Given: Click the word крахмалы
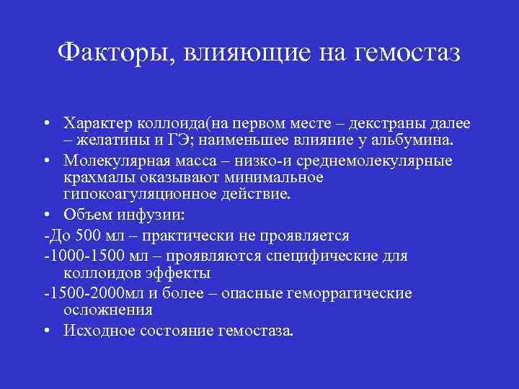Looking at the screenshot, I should click(95, 177).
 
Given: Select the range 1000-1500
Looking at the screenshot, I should click(76, 256).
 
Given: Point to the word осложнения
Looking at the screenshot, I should click(108, 310).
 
